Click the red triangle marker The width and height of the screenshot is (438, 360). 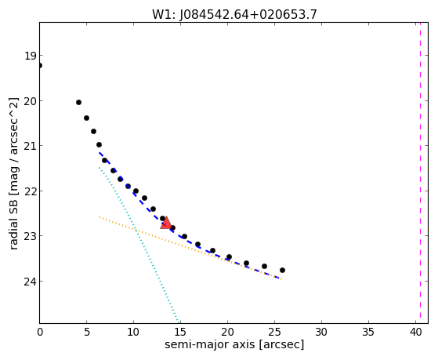point(166,223)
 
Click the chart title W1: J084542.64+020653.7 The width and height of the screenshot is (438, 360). point(234,15)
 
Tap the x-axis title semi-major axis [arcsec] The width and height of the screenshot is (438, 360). point(234,344)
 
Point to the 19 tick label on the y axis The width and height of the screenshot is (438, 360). point(30,56)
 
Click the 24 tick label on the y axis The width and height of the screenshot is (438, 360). point(30,282)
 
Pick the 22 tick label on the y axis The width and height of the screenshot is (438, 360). point(30,191)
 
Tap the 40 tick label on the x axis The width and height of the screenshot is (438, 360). point(415,332)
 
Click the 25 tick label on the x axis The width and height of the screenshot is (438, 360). point(274,332)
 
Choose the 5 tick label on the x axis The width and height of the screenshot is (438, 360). point(87,332)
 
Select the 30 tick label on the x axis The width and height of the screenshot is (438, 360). point(321,332)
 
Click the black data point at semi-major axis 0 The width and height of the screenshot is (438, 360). point(40,65)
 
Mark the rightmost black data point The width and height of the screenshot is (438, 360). point(282,271)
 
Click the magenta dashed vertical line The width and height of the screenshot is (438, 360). point(420,173)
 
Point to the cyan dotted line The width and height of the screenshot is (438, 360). point(139,245)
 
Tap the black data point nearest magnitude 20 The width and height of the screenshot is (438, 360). point(79,103)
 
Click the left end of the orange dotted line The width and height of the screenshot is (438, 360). point(100,216)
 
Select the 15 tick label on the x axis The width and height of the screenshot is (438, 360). point(180,332)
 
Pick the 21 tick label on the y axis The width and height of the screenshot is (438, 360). point(30,146)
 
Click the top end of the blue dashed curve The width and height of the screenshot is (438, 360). point(100,153)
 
